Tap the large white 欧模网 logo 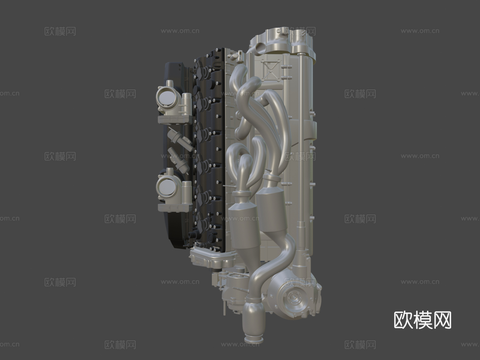(x=422, y=320)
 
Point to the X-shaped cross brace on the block (x=270, y=70)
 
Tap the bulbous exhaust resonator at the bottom (x=253, y=321)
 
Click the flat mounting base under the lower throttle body (x=175, y=207)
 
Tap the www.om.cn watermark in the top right (x=420, y=31)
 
